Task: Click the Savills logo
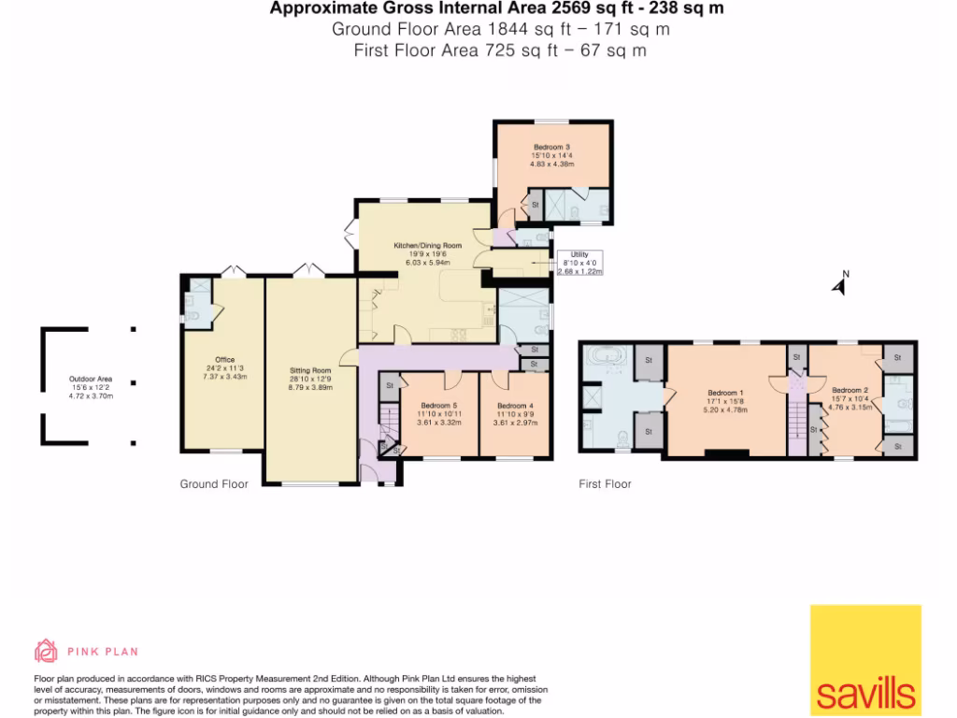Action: (865, 660)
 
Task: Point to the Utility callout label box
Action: (579, 264)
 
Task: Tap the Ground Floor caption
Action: (214, 484)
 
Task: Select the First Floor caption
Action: (605, 484)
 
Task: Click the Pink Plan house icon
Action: (46, 651)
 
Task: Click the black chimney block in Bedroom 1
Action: (727, 455)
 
